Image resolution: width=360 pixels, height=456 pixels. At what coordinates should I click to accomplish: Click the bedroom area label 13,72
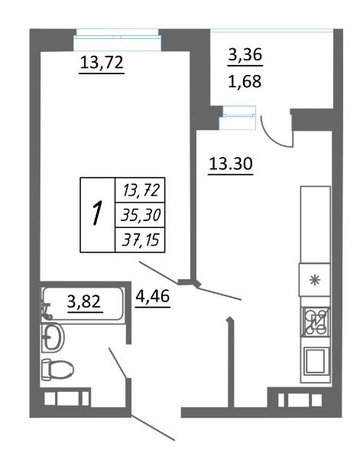pos(102,63)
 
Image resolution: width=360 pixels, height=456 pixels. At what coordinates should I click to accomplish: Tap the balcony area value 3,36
pos(245,54)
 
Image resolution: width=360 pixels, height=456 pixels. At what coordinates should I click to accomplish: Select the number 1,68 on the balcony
pos(245,81)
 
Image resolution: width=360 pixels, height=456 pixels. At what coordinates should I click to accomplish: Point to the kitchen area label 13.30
pos(231,164)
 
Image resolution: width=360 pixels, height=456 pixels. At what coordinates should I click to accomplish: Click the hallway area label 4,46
pos(153,296)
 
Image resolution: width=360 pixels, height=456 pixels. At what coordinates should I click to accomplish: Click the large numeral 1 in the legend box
pos(97,215)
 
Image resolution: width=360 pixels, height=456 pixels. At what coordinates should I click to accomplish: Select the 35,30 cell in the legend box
pos(141,216)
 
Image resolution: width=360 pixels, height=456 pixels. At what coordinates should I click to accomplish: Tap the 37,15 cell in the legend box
pos(141,240)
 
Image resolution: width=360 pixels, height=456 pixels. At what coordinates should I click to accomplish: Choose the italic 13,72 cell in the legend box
pos(141,191)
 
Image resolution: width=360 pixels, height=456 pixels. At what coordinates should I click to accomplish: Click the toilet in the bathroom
pos(57,370)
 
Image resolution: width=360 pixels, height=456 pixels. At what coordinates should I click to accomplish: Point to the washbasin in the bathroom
pos(53,338)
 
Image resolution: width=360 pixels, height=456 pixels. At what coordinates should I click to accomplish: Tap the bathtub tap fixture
pos(46,311)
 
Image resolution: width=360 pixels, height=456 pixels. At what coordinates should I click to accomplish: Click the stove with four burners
pos(315,321)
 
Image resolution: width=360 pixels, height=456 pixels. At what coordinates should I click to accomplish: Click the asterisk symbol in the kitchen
pos(315,280)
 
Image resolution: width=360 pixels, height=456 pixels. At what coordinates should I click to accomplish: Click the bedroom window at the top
pos(117,40)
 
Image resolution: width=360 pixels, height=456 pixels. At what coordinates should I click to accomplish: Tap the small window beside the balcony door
pos(238,118)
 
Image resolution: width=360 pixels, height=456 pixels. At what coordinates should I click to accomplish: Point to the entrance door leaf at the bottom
pos(153,428)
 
